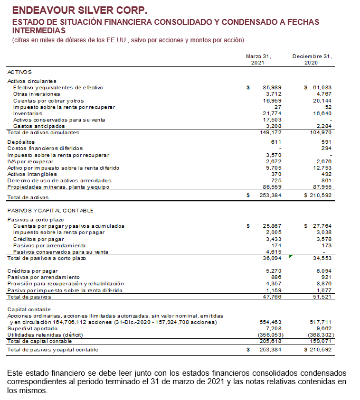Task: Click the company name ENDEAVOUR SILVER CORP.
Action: coord(79,10)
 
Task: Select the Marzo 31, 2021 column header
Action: coord(259,59)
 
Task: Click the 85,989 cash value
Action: coord(272,87)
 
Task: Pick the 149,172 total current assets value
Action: coord(271,133)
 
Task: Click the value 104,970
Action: coord(321,133)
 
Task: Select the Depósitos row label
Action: coord(21,142)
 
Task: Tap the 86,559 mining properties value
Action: coord(272,187)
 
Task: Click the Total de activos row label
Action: coord(27,197)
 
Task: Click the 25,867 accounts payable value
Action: coord(272,226)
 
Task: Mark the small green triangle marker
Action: coord(291,256)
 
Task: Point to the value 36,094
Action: coord(272,258)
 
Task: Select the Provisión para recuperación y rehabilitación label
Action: coord(65,284)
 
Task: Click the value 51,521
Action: coord(321,297)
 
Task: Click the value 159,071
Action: coord(321,341)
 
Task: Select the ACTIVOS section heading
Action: coord(19,71)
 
